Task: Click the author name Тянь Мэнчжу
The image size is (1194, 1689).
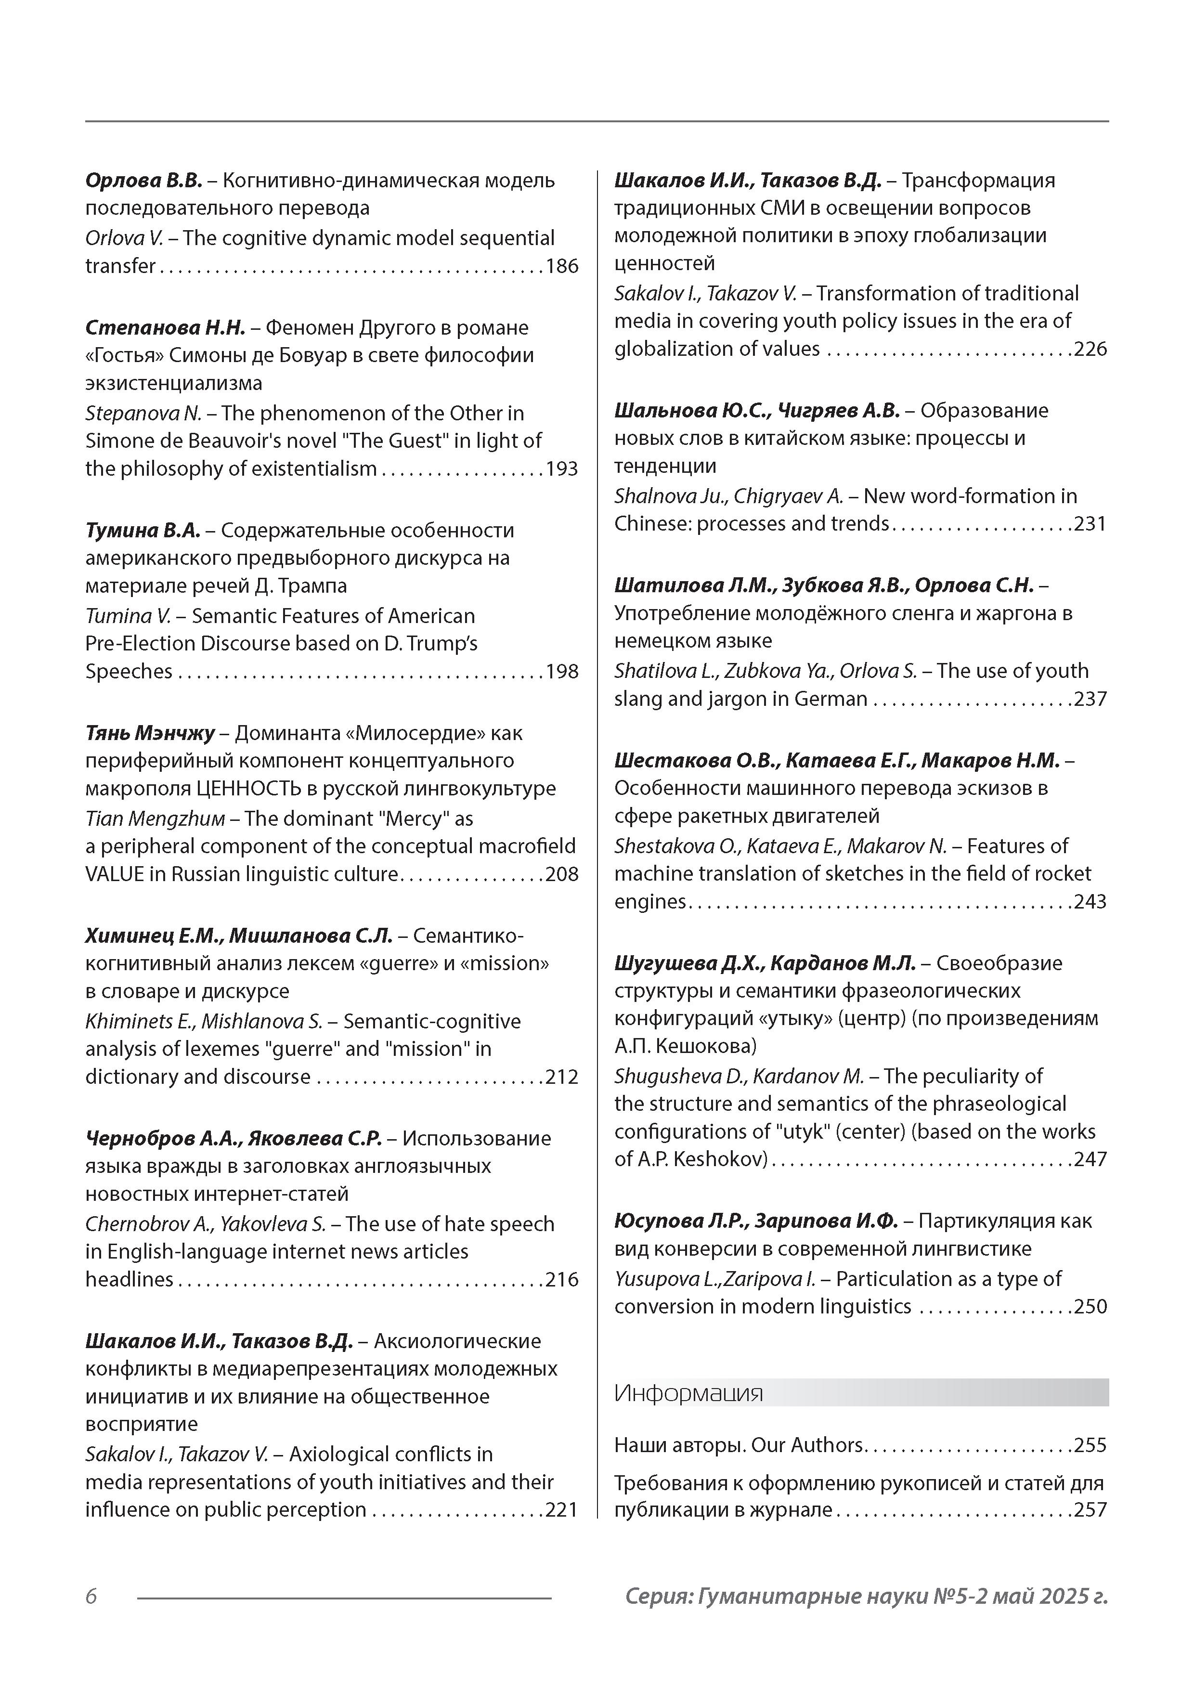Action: (150, 733)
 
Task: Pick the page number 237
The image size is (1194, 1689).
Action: (1090, 699)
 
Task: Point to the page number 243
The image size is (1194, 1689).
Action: (1090, 902)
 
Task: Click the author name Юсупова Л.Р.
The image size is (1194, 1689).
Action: (681, 1221)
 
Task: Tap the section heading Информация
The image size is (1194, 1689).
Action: (688, 1393)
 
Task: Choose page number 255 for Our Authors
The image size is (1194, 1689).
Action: (1090, 1445)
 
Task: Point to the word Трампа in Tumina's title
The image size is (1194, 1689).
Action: (316, 586)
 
